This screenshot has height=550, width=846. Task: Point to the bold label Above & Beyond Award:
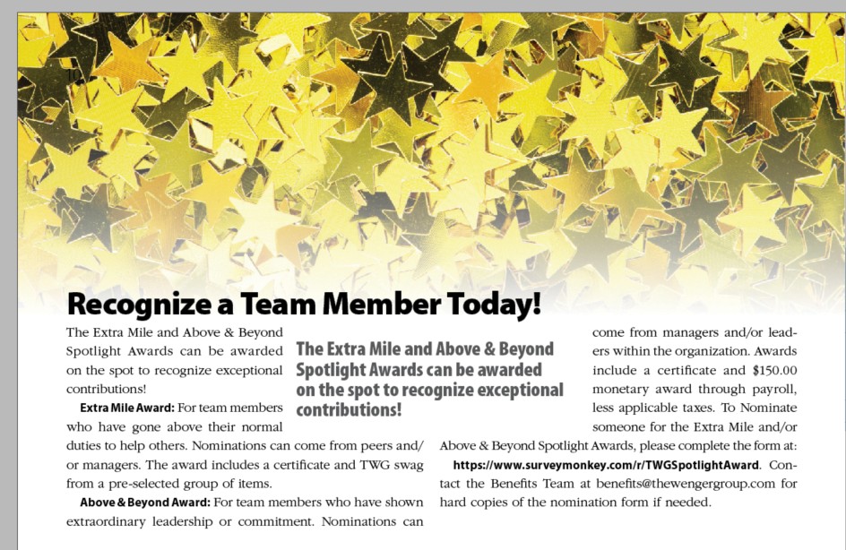coord(144,503)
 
